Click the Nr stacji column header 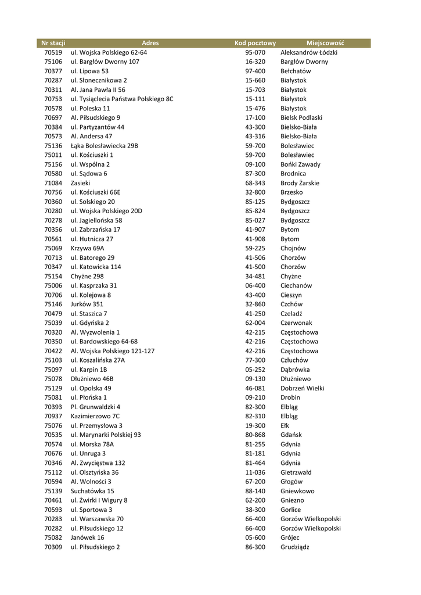point(53,43)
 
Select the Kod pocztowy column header point(255,43)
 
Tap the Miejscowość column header point(325,43)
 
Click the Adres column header point(150,43)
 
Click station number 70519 point(53,52)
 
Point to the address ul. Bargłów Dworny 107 point(105,62)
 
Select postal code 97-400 point(255,71)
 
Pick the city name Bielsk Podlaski point(301,117)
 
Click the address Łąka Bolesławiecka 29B point(105,146)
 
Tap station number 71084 point(53,183)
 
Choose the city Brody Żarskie point(300,183)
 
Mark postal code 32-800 point(255,192)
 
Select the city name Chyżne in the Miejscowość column point(291,276)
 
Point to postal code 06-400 point(255,285)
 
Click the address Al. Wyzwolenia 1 point(95,332)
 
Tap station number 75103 point(53,360)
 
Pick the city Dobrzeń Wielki point(303,388)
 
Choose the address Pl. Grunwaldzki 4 point(96,407)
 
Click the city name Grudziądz point(295,547)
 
